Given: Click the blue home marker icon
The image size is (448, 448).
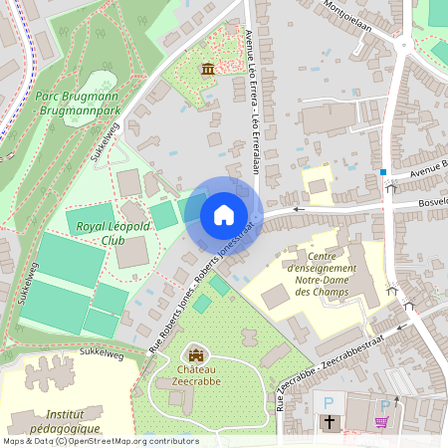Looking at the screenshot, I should click(x=224, y=214).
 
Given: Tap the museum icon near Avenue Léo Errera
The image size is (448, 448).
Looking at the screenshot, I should click(x=208, y=69).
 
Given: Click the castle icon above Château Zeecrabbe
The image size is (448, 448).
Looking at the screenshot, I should click(x=196, y=353).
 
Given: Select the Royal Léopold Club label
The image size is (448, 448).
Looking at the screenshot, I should click(x=113, y=233).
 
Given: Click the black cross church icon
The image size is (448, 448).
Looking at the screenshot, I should click(x=329, y=423).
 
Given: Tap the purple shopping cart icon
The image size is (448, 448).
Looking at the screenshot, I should click(x=381, y=422).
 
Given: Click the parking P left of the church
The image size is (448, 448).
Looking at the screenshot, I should click(x=330, y=402).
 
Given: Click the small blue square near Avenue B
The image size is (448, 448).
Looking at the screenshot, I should click(x=383, y=171).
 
